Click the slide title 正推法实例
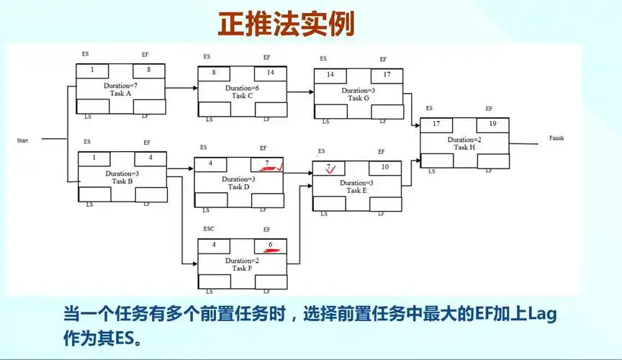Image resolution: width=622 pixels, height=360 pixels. pos(287,23)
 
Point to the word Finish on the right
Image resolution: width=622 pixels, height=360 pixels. pos(556,138)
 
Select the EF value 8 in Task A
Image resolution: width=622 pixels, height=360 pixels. pos(148,70)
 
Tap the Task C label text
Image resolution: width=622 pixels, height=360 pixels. pos(242,95)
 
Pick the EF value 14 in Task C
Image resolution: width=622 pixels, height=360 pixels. pos(270,72)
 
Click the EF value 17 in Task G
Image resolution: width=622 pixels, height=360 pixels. pos(387,74)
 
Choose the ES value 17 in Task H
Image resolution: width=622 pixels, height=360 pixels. pos(436,124)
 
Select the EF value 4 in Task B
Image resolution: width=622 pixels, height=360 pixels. pos(150,157)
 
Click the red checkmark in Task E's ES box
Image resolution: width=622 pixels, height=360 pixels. pos(330,170)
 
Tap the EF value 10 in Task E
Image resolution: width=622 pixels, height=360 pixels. pos(385,167)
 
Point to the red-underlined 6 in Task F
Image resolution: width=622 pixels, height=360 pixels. pos(271,245)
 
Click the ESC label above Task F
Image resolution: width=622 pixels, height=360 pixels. pos(209,229)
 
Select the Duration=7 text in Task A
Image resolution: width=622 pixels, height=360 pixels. pos(121,86)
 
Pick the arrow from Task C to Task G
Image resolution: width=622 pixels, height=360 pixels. pos(299,91)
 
